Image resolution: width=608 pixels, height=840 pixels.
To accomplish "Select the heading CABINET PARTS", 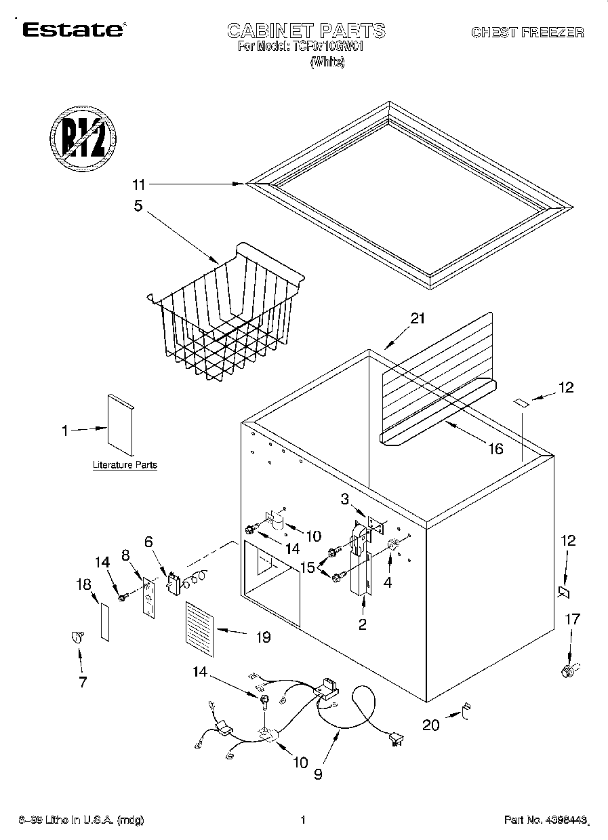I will point(306,31).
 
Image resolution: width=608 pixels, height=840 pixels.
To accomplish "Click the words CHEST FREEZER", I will point(527,32).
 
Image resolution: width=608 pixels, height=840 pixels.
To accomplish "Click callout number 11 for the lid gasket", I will point(139,184).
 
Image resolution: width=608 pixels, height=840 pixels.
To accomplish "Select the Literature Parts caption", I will point(125,465).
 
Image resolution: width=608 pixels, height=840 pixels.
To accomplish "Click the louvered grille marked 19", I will point(199,628).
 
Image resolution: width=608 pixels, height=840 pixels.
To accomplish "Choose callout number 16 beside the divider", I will point(495,449).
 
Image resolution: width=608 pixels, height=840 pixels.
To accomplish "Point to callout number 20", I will point(431,725).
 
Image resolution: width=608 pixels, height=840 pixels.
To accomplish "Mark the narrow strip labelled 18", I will point(104,619).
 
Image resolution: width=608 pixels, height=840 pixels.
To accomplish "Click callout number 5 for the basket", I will point(138,205).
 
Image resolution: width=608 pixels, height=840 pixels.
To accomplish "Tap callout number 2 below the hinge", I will point(363,624).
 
